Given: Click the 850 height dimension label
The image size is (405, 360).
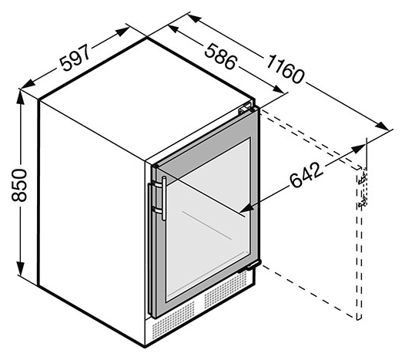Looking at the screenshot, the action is (x=19, y=185).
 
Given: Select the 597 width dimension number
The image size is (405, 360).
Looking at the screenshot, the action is (x=75, y=58).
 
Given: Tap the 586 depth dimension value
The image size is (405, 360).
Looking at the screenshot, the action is (x=220, y=56).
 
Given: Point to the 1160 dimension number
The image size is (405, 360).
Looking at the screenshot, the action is (x=285, y=69).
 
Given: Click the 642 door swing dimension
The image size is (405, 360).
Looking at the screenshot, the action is (x=306, y=175).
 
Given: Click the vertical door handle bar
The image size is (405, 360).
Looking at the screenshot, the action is (x=164, y=198).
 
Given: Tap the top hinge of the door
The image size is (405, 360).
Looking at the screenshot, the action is (x=245, y=109).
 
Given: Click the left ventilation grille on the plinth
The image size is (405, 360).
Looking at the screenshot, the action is (x=173, y=321).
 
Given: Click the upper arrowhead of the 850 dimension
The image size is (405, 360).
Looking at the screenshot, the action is (x=20, y=96).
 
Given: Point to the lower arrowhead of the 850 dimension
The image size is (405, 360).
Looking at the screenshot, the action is (x=20, y=269).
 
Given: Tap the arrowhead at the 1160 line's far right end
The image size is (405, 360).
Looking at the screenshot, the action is (x=382, y=126).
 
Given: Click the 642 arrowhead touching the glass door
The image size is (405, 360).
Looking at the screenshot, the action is (x=246, y=207).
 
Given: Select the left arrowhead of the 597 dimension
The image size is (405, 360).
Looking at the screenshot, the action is (x=28, y=84).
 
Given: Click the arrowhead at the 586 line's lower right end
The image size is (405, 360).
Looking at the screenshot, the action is (x=278, y=89).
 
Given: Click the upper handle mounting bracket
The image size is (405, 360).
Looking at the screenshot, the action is (x=157, y=183).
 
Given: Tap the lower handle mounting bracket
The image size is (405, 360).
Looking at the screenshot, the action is (x=157, y=210).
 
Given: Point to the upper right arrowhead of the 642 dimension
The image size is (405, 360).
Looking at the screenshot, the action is (x=359, y=150).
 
